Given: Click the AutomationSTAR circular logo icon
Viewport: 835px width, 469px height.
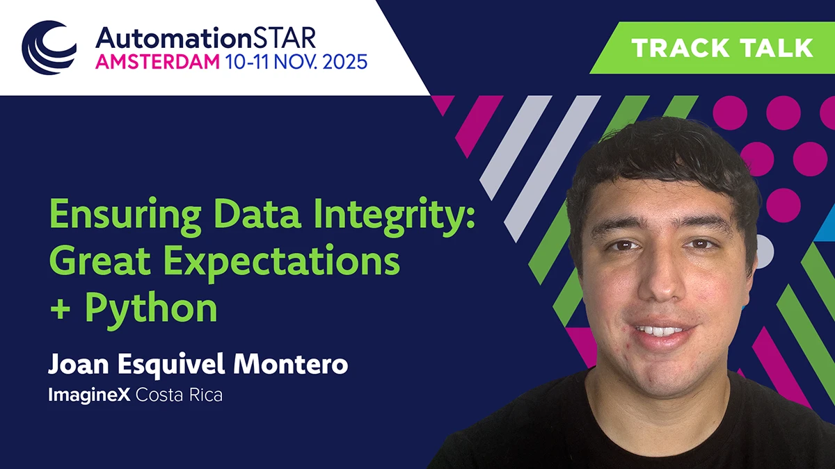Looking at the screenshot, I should (x=49, y=47).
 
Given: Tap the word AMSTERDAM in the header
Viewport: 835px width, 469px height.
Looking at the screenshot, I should (x=157, y=61).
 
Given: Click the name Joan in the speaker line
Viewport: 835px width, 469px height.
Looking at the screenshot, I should (x=74, y=363).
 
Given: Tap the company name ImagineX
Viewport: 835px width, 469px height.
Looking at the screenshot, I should (x=88, y=396).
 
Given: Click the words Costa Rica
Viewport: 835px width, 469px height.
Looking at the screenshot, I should (x=180, y=396).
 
